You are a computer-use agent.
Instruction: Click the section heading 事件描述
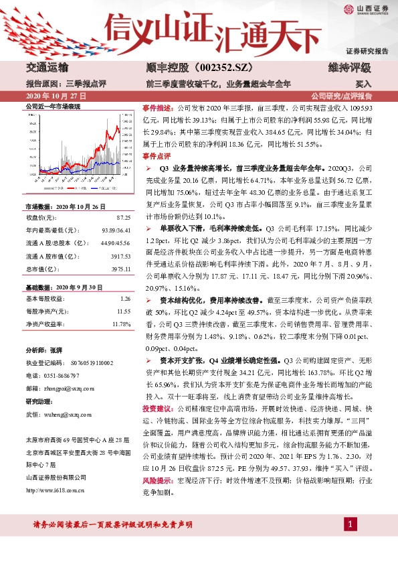click(x=159, y=107)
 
